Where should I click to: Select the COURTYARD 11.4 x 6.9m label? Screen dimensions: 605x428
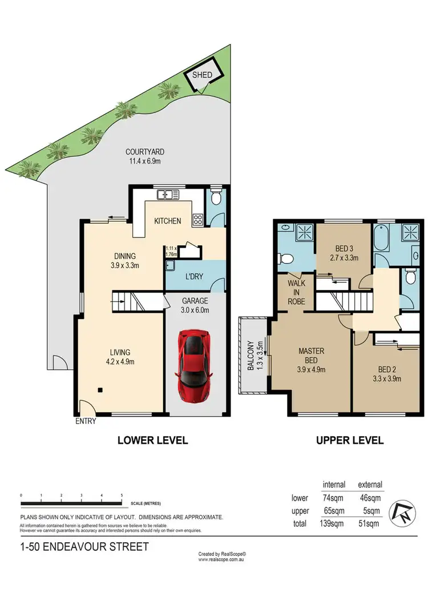pyautogui.click(x=145, y=156)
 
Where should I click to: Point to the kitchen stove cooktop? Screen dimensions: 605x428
pyautogui.click(x=198, y=220)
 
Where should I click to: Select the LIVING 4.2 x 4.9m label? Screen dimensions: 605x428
pyautogui.click(x=121, y=357)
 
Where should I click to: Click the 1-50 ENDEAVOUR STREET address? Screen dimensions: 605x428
pyautogui.click(x=84, y=547)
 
